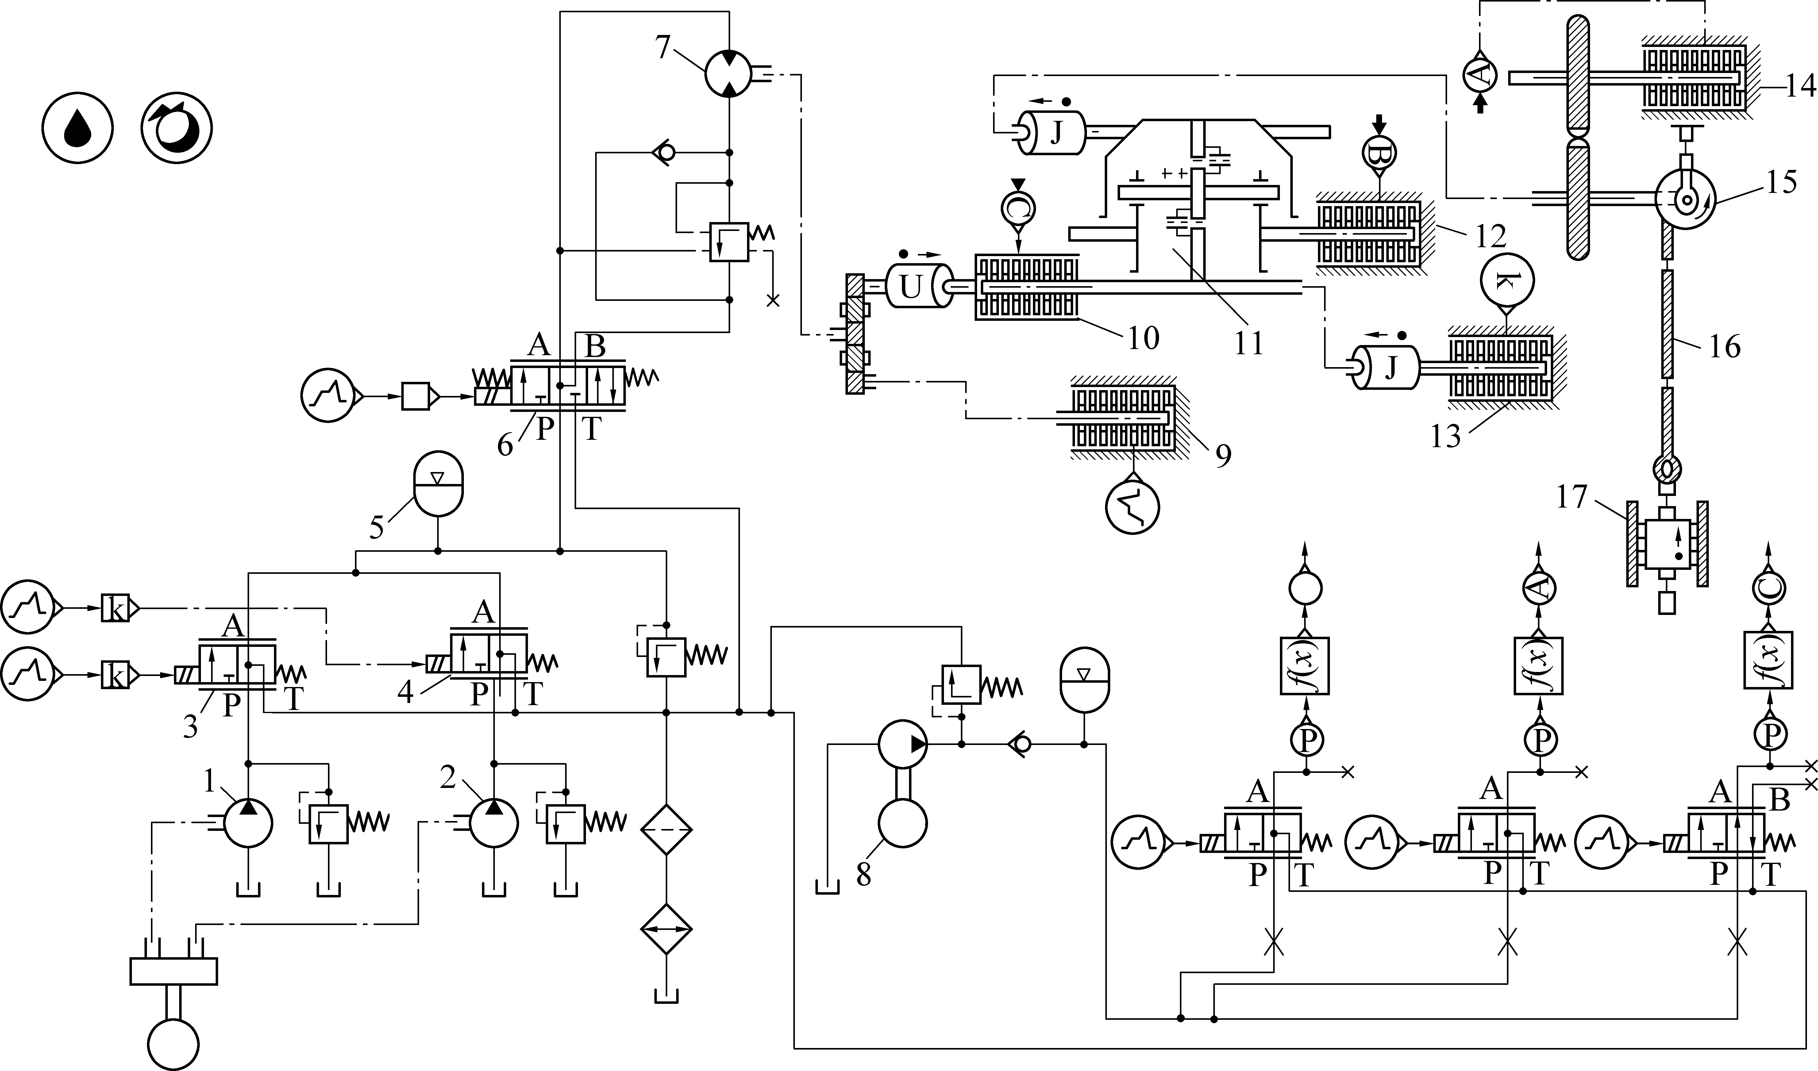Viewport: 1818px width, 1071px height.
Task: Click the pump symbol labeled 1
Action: [248, 823]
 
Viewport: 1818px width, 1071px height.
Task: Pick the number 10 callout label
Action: [1142, 337]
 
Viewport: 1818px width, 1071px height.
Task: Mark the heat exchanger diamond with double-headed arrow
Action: [666, 929]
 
